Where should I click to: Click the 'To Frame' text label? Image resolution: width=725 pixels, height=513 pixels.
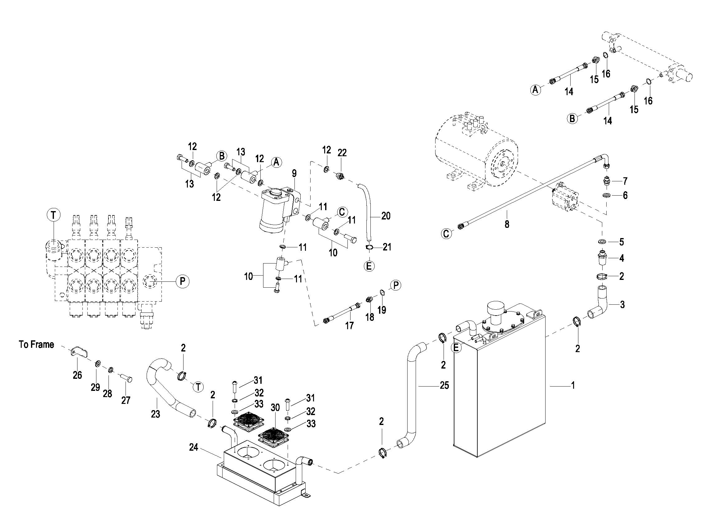click(x=36, y=344)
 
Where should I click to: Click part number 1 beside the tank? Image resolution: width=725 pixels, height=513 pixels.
click(x=572, y=385)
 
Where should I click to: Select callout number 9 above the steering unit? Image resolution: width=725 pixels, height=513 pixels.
click(x=294, y=173)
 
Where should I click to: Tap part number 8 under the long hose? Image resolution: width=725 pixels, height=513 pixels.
click(x=507, y=224)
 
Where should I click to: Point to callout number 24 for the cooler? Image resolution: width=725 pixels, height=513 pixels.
click(x=194, y=447)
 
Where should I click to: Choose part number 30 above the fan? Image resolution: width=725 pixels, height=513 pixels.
click(x=275, y=408)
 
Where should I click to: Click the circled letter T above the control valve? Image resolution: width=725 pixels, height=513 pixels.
click(x=53, y=215)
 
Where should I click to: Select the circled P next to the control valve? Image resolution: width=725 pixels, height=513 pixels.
click(x=182, y=281)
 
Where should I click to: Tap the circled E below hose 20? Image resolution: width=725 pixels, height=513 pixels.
click(x=369, y=266)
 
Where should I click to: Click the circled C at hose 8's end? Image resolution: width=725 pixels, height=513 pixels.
click(x=446, y=234)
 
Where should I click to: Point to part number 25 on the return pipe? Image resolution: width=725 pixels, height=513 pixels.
click(x=444, y=385)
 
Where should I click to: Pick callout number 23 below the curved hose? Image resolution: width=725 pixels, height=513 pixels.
click(x=155, y=414)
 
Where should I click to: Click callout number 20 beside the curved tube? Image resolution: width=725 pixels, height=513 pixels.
click(x=386, y=216)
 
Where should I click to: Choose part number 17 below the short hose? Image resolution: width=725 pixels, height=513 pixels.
click(x=349, y=325)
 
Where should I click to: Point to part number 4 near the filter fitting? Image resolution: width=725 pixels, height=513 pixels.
click(x=621, y=258)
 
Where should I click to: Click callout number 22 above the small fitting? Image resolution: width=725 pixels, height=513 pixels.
click(x=342, y=153)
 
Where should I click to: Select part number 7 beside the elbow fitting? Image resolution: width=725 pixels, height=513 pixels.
click(x=625, y=181)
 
